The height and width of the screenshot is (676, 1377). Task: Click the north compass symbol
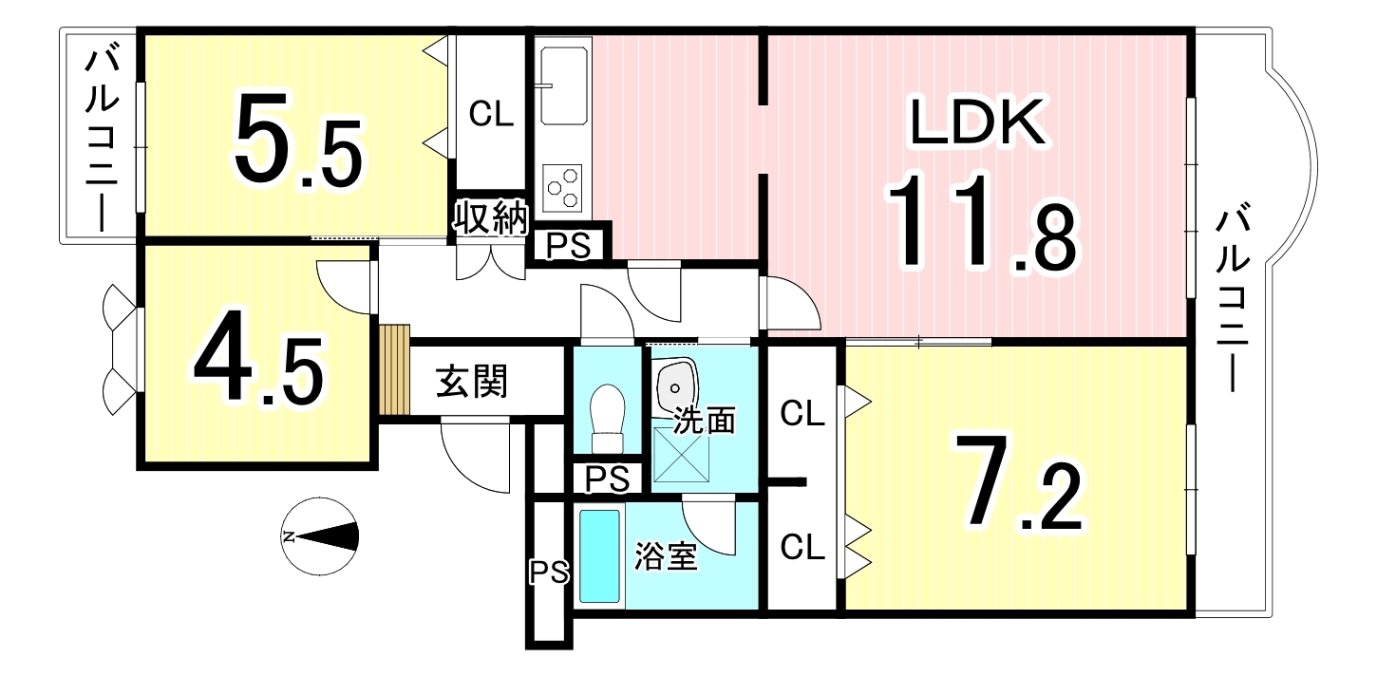(x=319, y=536)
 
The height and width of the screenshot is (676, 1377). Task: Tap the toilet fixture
(x=608, y=419)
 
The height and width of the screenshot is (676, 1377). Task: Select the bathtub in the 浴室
(x=599, y=556)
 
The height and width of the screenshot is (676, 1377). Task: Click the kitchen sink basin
(x=564, y=86)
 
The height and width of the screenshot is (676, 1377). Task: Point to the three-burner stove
(x=562, y=188)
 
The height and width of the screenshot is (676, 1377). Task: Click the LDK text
(x=977, y=122)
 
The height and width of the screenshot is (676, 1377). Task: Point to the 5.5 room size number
(x=298, y=141)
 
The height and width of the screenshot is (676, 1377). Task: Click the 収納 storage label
(x=491, y=216)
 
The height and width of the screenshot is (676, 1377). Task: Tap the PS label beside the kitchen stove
(x=569, y=246)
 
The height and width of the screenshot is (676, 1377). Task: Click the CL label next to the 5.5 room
(x=491, y=114)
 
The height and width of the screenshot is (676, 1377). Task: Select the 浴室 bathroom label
(x=666, y=556)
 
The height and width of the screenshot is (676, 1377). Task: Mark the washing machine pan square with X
(x=681, y=454)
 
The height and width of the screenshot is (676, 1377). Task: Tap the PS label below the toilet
(x=607, y=479)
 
